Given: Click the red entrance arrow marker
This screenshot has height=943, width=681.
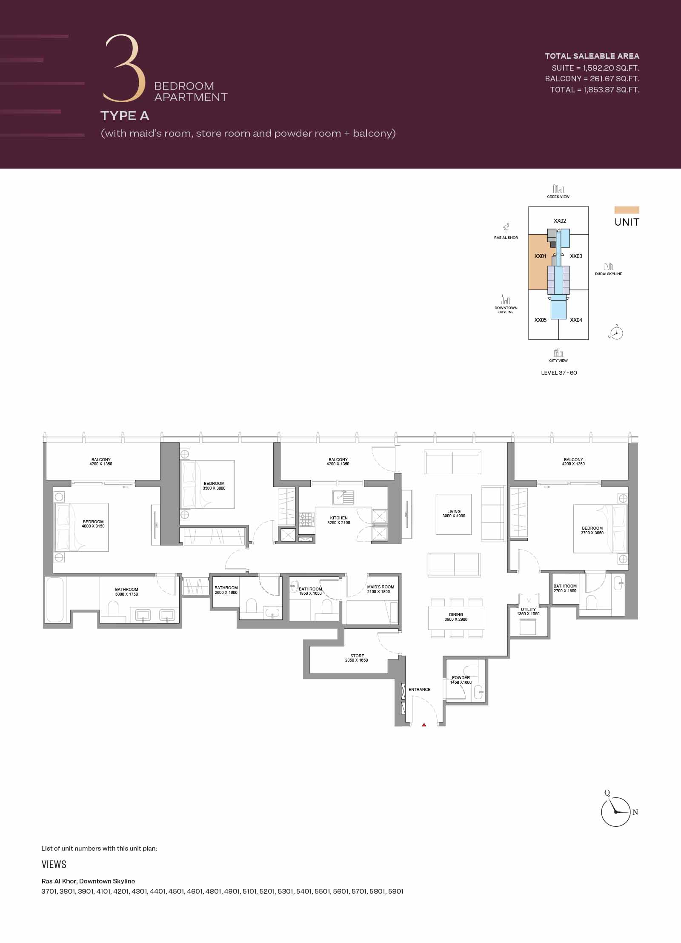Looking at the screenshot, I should pyautogui.click(x=424, y=724).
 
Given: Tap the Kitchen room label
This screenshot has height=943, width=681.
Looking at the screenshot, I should pyautogui.click(x=339, y=520).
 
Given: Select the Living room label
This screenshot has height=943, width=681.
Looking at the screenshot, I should pyautogui.click(x=454, y=513).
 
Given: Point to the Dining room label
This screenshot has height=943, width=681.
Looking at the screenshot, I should pyautogui.click(x=456, y=617).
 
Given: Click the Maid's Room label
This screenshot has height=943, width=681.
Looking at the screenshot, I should pyautogui.click(x=380, y=589).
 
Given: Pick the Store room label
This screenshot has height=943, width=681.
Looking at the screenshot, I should pyautogui.click(x=357, y=658).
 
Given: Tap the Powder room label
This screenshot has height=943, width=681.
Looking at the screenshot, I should pyautogui.click(x=461, y=679).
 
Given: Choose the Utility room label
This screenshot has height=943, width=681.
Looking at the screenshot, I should pyautogui.click(x=528, y=612).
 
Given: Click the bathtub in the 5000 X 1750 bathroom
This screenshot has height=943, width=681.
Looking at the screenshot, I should pyautogui.click(x=55, y=599).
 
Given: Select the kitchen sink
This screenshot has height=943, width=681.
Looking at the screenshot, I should pyautogui.click(x=343, y=497).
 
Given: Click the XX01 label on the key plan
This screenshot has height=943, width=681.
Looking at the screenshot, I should pyautogui.click(x=540, y=256).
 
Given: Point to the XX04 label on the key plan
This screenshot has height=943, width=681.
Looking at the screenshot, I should pyautogui.click(x=576, y=320).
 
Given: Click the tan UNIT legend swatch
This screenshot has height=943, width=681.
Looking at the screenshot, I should pyautogui.click(x=627, y=210).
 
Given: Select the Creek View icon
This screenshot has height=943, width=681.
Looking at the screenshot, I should pyautogui.click(x=558, y=189).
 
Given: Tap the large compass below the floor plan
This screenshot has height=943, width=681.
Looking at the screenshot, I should pyautogui.click(x=615, y=812).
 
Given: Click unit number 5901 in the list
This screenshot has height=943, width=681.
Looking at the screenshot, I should pyautogui.click(x=395, y=891).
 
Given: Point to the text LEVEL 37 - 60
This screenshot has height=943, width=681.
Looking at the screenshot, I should pyautogui.click(x=559, y=373).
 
